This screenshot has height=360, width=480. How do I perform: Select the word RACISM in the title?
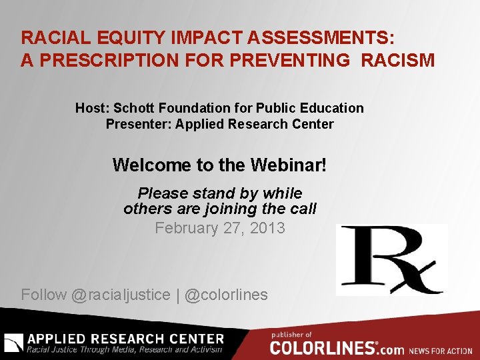[x=398, y=61]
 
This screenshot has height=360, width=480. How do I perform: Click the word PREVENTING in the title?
[x=289, y=61]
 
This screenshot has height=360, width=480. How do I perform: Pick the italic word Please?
[x=163, y=193]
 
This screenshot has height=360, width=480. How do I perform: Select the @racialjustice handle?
[x=121, y=295]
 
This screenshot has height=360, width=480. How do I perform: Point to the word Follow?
[x=44, y=295]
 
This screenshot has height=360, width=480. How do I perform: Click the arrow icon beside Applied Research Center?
[x=13, y=342]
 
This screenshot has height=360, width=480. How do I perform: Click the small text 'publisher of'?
[x=291, y=334]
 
